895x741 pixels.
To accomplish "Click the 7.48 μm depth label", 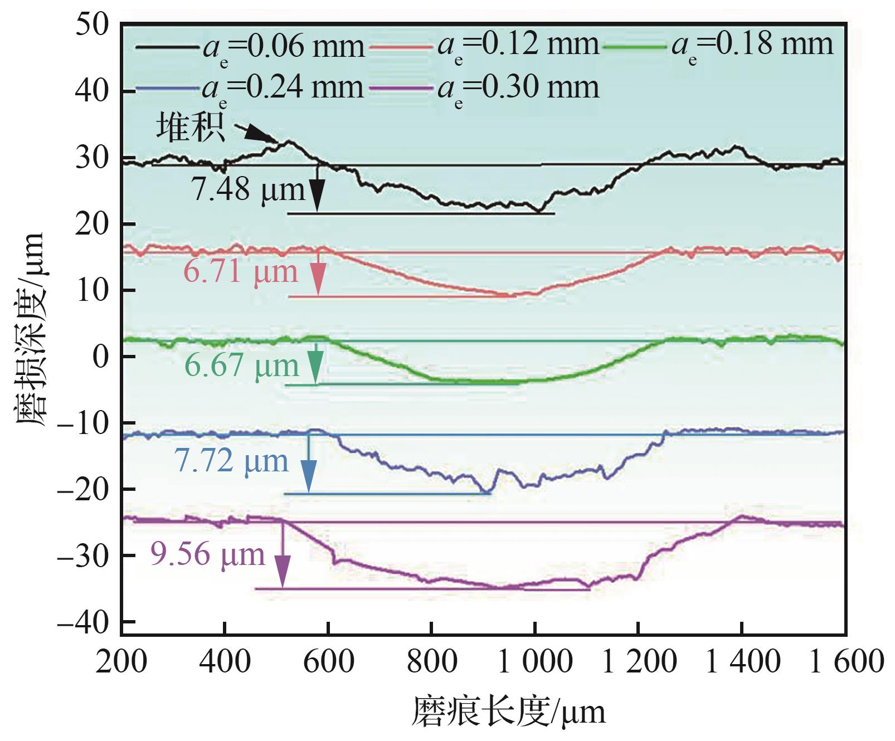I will pyautogui.click(x=249, y=190).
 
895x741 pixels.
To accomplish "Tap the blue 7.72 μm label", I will pyautogui.click(x=231, y=461).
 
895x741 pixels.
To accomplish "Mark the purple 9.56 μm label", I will pyautogui.click(x=207, y=555).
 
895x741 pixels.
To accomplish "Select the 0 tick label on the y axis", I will pyautogui.click(x=100, y=357).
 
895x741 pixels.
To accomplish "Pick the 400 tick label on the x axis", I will pyautogui.click(x=225, y=662).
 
